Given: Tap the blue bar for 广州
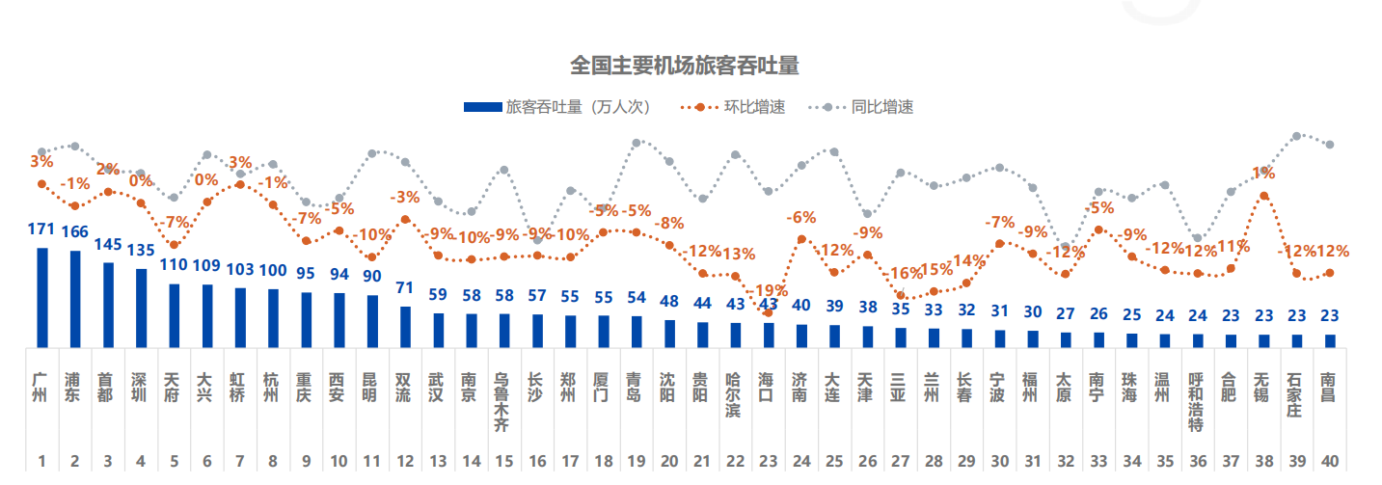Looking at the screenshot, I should (x=42, y=297).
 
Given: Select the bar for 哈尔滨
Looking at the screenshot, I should (x=735, y=335).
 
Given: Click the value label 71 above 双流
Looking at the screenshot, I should (x=405, y=289).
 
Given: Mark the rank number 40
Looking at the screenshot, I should (x=1330, y=462).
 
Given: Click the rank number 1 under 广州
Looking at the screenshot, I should (x=42, y=462).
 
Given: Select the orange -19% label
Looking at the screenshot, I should (x=768, y=291).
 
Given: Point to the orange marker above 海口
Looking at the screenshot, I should (x=768, y=313).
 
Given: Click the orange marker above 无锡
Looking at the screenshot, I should (x=1264, y=197).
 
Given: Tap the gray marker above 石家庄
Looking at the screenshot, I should (x=1297, y=136).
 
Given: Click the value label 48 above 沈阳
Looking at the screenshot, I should (x=669, y=302).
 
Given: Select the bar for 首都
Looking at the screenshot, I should (x=108, y=305).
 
